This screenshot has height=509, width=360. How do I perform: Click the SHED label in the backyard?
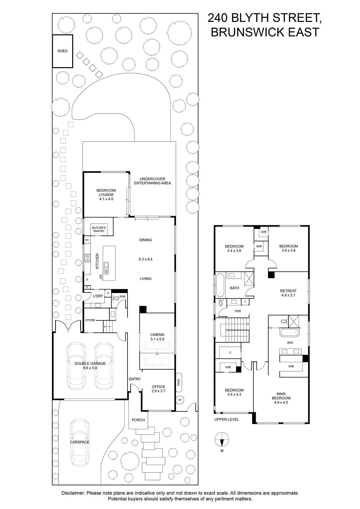62,51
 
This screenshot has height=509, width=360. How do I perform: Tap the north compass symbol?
222,440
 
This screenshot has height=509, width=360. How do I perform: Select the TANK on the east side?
179,382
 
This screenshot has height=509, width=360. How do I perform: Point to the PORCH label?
138,420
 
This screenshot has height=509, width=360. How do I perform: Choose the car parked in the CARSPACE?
80,443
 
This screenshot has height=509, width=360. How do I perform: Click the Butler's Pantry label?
99,229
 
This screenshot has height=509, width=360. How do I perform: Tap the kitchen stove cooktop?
87,258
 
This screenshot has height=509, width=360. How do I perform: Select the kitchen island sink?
106,268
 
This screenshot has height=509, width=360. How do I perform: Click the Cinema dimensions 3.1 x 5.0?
157,339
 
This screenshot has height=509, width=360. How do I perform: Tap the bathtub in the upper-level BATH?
220,285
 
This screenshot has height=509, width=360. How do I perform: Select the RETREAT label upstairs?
288,291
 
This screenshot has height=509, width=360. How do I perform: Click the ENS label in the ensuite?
290,342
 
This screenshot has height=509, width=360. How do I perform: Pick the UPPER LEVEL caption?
227,420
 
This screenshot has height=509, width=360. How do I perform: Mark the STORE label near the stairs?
90,320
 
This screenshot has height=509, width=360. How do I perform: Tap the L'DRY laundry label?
98,296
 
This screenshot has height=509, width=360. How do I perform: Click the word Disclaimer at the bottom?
73,491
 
